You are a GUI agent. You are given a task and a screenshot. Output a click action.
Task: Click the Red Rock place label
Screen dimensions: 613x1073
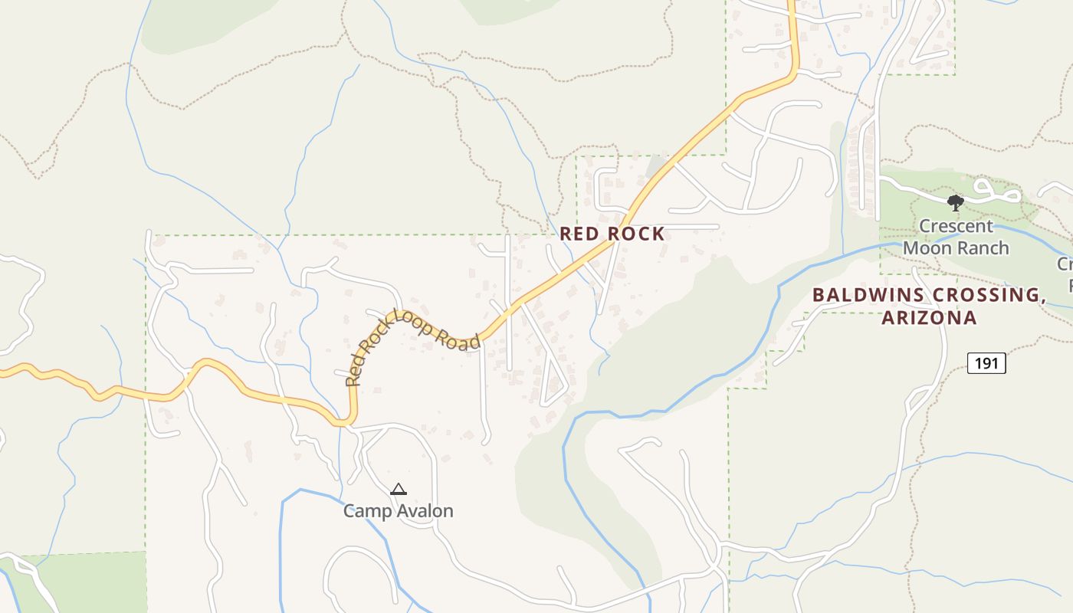coord(612,234)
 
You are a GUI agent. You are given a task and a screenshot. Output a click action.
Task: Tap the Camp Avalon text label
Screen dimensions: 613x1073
coord(398,510)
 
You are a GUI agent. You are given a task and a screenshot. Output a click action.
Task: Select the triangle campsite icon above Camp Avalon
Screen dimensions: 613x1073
coord(398,490)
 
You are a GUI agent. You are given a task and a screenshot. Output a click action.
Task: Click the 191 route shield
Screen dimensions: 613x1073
coord(986,362)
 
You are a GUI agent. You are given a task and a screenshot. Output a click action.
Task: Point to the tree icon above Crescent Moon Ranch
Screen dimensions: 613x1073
coord(955,203)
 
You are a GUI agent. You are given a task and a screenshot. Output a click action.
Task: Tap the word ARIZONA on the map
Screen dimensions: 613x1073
coord(930,317)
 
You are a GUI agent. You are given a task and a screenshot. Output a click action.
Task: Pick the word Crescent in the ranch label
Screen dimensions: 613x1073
coord(956,226)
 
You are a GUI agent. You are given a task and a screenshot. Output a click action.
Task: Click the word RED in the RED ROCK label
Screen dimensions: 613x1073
coord(577,234)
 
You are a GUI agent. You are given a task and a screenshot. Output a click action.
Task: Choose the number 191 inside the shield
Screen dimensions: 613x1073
coord(986,362)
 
